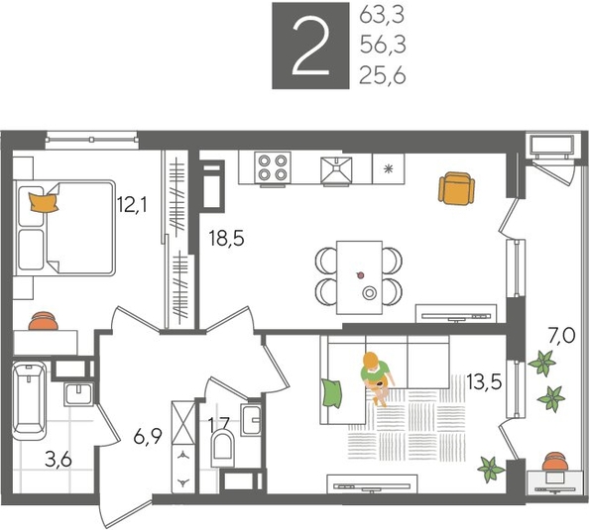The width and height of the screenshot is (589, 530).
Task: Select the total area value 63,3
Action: pyautogui.click(x=383, y=15)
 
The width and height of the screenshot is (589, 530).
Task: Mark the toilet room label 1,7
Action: pyautogui.click(x=219, y=425)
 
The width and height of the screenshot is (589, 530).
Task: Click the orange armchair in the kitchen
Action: pyautogui.click(x=455, y=188)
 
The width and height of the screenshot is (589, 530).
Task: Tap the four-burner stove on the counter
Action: pyautogui.click(x=272, y=168)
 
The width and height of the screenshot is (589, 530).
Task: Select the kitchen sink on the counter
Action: pyautogui.click(x=338, y=168)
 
